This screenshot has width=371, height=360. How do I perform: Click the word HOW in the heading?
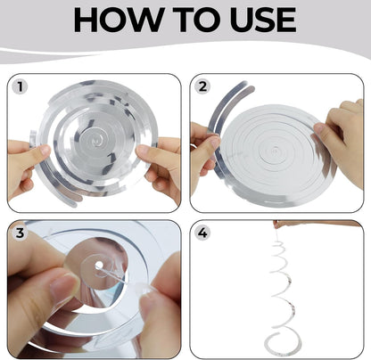tap(118, 20)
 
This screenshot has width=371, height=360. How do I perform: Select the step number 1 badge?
tap(20, 87)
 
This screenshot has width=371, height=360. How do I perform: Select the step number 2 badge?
tap(202, 86)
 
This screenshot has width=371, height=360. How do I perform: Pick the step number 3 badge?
tap(20, 233)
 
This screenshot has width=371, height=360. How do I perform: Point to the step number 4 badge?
tap(202, 233)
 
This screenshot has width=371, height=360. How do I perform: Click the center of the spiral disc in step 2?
tap(276, 151)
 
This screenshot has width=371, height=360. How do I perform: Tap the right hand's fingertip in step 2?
tap(318, 128)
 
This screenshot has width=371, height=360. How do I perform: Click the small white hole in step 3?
tap(99, 265)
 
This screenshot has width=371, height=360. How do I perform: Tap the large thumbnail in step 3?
tap(63, 288)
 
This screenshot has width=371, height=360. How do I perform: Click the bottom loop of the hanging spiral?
tap(283, 341)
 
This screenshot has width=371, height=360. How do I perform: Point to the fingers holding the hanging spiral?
tap(279, 224)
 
